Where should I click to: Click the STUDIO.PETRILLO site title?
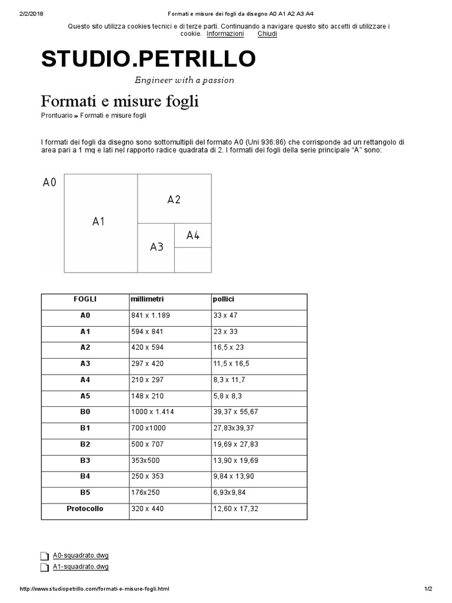[x=148, y=59]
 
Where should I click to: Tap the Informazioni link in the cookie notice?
[x=225, y=34]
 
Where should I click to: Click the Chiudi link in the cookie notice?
[x=267, y=34]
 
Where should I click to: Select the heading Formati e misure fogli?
[x=119, y=101]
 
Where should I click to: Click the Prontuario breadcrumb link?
[x=57, y=115]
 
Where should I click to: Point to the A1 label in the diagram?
[x=98, y=221]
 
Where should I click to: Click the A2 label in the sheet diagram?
[x=174, y=200]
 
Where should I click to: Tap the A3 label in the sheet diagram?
[x=157, y=247]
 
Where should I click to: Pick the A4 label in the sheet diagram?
[x=193, y=236]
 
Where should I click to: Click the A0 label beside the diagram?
[x=49, y=183]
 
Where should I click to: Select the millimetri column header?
[x=147, y=299]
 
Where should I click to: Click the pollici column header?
[x=223, y=299]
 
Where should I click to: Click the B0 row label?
[x=85, y=412]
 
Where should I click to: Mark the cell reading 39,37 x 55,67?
[x=235, y=412]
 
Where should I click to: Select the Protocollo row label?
[x=85, y=508]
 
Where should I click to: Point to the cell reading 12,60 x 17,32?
[x=235, y=508]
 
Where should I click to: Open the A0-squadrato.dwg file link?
[x=81, y=555]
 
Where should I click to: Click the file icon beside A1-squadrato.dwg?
[x=44, y=568]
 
